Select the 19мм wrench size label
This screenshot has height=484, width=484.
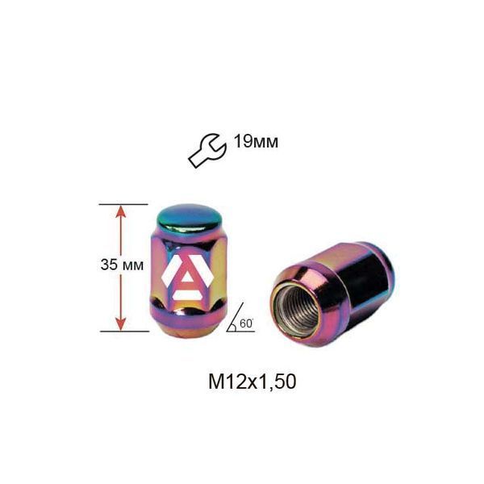(x=256, y=142)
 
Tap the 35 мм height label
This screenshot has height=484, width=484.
(x=122, y=265)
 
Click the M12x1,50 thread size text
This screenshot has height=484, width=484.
(x=252, y=382)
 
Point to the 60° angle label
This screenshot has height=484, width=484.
(x=246, y=323)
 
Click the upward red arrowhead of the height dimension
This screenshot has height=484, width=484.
(x=121, y=211)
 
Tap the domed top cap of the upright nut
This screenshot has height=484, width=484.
(x=190, y=218)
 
